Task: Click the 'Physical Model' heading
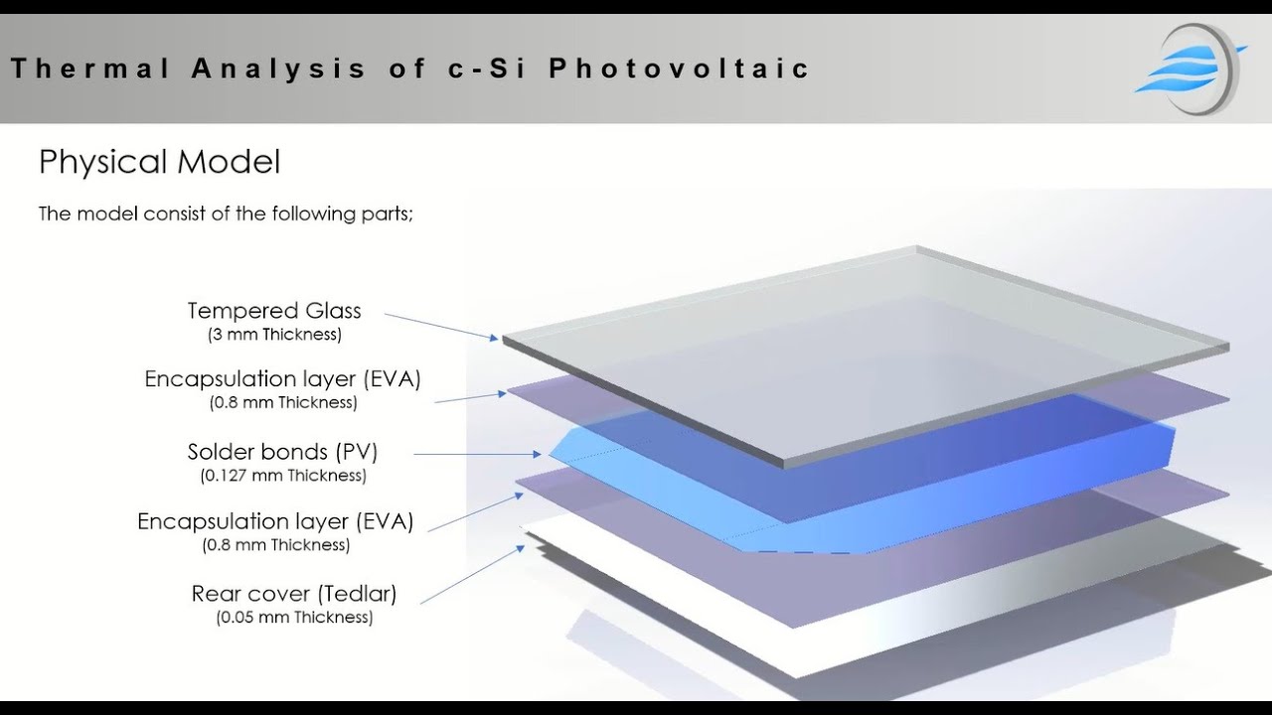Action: pyautogui.click(x=159, y=162)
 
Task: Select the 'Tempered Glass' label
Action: pyautogui.click(x=274, y=311)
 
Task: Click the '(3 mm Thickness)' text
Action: pyautogui.click(x=274, y=335)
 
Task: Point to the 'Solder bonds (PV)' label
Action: pyautogui.click(x=282, y=452)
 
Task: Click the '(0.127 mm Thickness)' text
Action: pyautogui.click(x=282, y=476)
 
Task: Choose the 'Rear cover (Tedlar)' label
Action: pyautogui.click(x=294, y=594)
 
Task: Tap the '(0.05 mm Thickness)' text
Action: pyautogui.click(x=294, y=618)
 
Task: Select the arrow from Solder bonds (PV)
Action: pyautogui.click(x=478, y=454)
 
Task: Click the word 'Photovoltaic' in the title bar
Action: pyautogui.click(x=680, y=69)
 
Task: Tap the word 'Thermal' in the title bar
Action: pyautogui.click(x=90, y=69)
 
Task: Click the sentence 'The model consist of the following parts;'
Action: pyautogui.click(x=225, y=214)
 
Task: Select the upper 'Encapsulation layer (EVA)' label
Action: pyautogui.click(x=282, y=379)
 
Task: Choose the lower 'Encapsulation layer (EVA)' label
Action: pyautogui.click(x=275, y=521)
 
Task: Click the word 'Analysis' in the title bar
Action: pyautogui.click(x=279, y=69)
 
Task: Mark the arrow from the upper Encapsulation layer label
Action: pyautogui.click(x=471, y=397)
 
